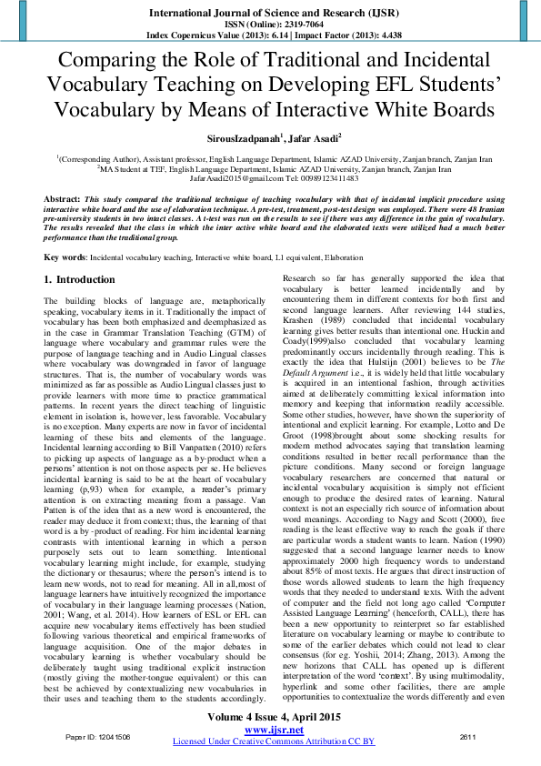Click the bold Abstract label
61,198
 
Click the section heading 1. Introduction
80,279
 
